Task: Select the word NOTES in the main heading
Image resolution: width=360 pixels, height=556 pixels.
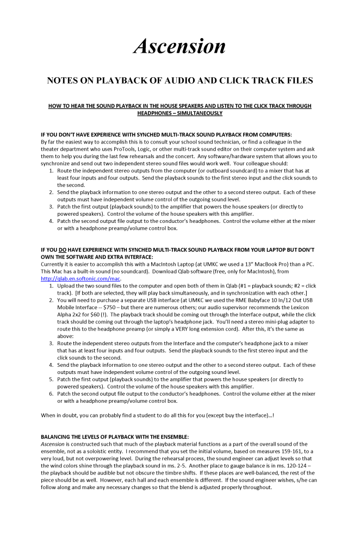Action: [64, 80]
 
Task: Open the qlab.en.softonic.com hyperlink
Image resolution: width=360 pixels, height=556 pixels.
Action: [81, 278]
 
